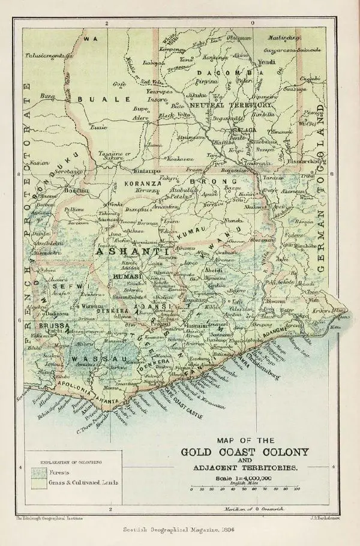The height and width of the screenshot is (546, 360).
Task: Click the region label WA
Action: click(91, 38)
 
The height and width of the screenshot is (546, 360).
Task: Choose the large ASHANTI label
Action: click(127, 253)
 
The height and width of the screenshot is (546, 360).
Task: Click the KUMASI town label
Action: click(127, 275)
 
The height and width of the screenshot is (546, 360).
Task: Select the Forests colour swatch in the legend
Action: click(36, 472)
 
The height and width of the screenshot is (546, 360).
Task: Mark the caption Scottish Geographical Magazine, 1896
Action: click(180, 529)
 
